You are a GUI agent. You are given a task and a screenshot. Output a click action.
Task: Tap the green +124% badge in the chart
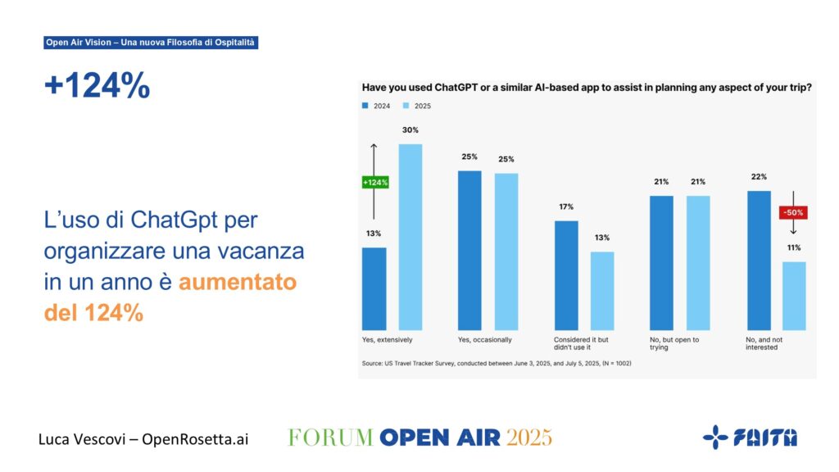374,182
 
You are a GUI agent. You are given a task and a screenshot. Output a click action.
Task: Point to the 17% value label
567,206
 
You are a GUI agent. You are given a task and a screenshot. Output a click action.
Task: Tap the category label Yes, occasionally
484,338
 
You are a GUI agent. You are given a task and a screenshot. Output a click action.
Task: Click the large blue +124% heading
98,85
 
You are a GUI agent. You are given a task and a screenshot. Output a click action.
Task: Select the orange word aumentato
238,282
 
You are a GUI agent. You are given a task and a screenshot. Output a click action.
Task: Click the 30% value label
410,130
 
